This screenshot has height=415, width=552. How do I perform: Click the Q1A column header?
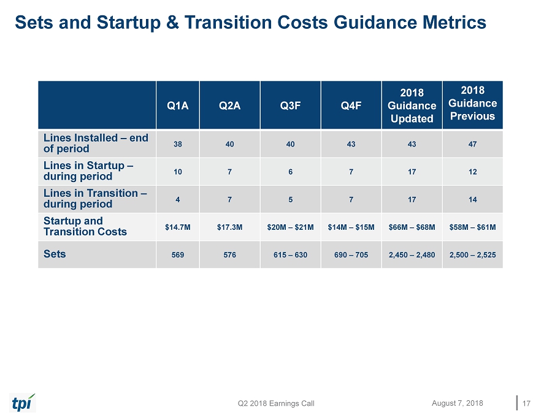tap(177, 105)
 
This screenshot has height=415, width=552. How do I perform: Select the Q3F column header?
tap(290, 105)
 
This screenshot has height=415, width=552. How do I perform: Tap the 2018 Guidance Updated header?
tap(411, 105)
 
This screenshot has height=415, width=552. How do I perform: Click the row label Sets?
tap(55, 253)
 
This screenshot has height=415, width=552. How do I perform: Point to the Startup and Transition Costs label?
tap(85, 226)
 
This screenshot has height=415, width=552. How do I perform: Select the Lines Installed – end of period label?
tap(96, 143)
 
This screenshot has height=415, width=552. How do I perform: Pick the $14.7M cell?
tap(177, 227)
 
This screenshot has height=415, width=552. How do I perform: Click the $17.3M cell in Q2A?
tap(229, 227)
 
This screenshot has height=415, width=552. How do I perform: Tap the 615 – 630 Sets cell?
tap(290, 255)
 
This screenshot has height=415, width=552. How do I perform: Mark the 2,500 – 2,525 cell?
tap(472, 255)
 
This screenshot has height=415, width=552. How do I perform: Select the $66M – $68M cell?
tap(411, 227)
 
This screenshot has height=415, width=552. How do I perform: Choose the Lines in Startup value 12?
tap(472, 172)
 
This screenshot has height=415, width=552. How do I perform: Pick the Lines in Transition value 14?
tap(472, 200)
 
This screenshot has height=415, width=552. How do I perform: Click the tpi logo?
tap(23, 402)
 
